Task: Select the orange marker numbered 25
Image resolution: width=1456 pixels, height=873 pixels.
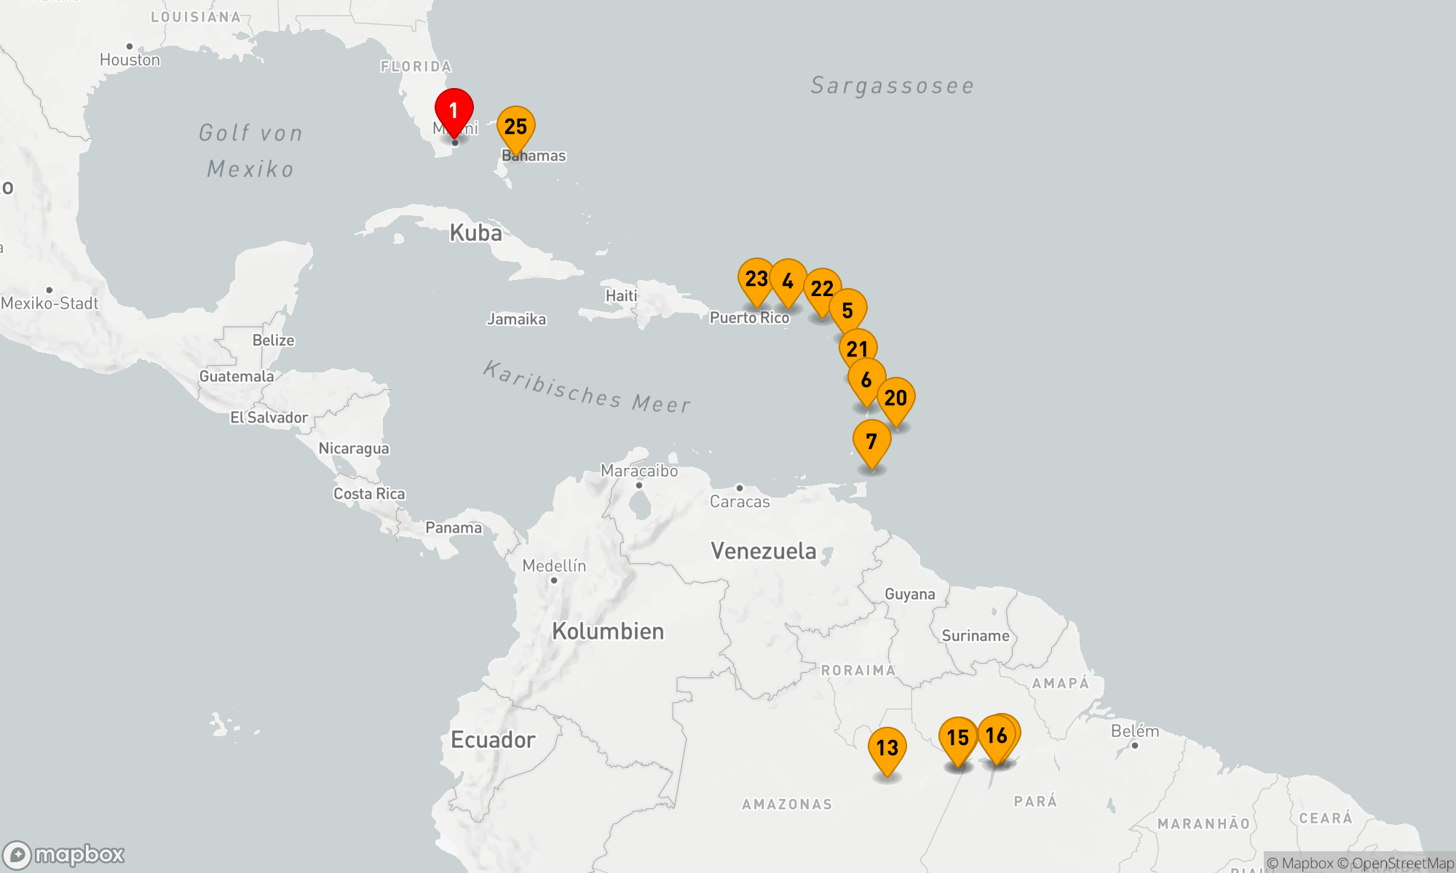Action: tap(516, 127)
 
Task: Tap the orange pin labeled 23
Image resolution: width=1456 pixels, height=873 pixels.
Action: tap(756, 279)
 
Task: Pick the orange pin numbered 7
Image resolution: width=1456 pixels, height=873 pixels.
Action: tap(871, 442)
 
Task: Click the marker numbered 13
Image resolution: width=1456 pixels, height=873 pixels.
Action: tap(887, 749)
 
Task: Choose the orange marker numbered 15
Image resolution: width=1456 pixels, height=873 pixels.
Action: tap(957, 738)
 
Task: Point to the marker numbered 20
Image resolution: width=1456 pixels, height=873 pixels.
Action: tap(896, 399)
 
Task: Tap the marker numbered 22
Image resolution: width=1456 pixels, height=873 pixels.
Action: tap(822, 290)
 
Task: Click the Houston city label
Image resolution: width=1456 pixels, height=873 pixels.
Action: tap(130, 60)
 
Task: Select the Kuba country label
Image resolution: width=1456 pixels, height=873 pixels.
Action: tap(475, 233)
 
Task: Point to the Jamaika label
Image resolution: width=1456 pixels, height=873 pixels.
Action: tap(516, 319)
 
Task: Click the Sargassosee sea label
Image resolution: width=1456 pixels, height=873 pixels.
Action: tap(893, 86)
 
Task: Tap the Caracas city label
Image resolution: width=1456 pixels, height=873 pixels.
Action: tap(740, 501)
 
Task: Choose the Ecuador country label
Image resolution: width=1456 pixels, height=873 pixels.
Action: tap(493, 740)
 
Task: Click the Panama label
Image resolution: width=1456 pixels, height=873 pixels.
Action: tap(454, 527)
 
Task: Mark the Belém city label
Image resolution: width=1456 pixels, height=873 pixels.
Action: tap(1134, 731)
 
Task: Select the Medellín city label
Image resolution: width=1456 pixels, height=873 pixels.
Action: tap(554, 566)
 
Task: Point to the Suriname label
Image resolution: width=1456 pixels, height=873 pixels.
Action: tap(976, 636)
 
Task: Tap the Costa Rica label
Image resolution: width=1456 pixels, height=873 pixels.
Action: tap(369, 494)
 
